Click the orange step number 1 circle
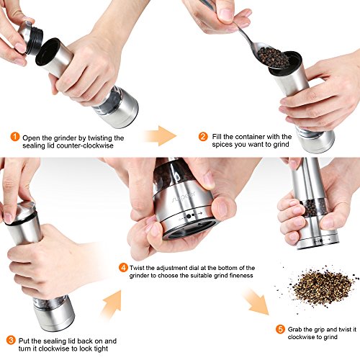click(15, 137)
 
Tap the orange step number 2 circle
click(203, 137)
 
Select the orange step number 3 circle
click(11, 340)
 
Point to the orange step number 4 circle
click(123, 268)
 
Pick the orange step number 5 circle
click(280, 329)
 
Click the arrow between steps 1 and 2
click(161, 136)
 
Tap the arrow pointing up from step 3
click(112, 304)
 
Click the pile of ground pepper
click(319, 287)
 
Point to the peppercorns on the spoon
click(273, 58)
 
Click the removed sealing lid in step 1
click(31, 37)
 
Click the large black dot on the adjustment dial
click(189, 216)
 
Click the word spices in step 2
click(223, 145)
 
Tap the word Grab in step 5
click(294, 330)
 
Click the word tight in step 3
click(101, 348)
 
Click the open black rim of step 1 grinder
click(48, 53)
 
